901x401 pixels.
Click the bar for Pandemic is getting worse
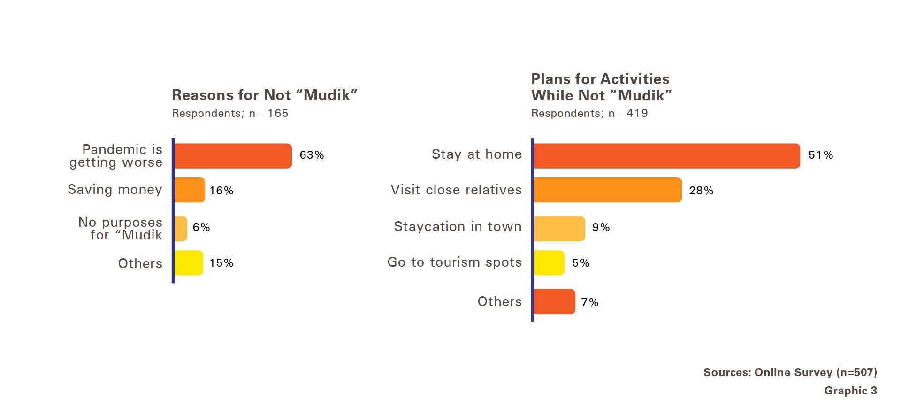pos(233,156)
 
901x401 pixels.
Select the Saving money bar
pos(190,190)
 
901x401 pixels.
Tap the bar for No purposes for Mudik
pos(181,229)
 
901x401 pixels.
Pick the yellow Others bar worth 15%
pos(189,263)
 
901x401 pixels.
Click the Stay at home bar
pos(667,156)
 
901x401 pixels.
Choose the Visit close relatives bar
pos(608,190)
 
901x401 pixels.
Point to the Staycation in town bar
pos(559,229)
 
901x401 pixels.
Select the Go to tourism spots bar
pos(549,263)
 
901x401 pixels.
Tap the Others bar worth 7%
pos(554,301)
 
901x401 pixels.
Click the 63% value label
pos(312,155)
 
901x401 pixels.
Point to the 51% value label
pos(821,155)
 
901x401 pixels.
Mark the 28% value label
pos(701,191)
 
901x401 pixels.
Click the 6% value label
pos(201,227)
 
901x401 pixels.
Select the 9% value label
pos(601,227)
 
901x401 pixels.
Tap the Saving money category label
pos(115,190)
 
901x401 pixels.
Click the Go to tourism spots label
pos(455,262)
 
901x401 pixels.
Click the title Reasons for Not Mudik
pos(265,95)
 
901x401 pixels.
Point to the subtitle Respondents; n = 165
pos(230,113)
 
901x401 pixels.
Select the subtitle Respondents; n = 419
pos(589,113)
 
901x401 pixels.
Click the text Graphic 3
pos(850,391)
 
